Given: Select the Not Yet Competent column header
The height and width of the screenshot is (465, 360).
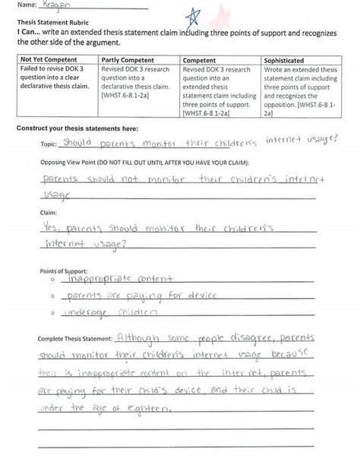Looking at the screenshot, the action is coord(47,59).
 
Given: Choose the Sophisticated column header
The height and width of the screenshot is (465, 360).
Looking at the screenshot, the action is coord(284,59).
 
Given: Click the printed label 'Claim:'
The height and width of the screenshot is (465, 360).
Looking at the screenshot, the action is coord(48,214).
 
